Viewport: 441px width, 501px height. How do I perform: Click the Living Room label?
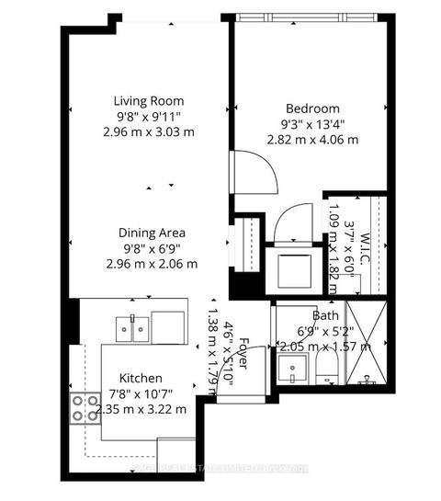coord(149,101)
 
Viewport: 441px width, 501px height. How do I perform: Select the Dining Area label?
coord(149,233)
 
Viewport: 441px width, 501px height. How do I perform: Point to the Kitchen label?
coord(141,378)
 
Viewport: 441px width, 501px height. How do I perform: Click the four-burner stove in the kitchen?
coord(85,407)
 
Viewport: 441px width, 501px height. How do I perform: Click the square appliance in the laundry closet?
coord(294,268)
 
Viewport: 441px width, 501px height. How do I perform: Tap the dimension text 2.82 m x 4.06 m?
coord(311,139)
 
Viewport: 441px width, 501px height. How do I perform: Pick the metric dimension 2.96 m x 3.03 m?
coord(149,132)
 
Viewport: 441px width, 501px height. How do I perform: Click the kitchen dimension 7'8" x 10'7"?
coord(141,393)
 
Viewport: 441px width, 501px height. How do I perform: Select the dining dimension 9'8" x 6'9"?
coord(149,248)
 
